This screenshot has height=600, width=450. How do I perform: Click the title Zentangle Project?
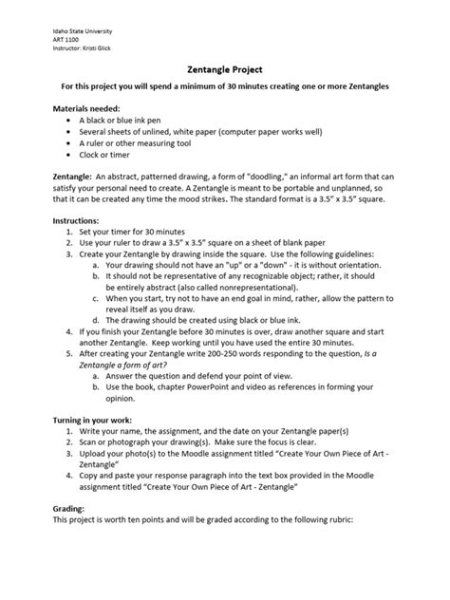(x=224, y=69)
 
